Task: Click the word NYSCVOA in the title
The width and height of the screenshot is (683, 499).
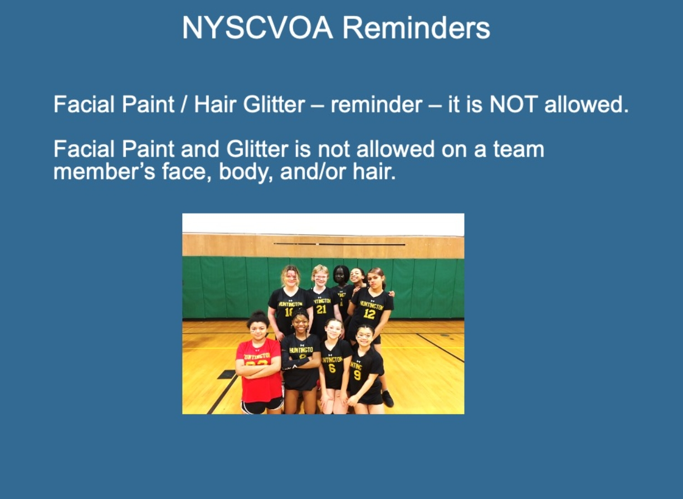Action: click(257, 28)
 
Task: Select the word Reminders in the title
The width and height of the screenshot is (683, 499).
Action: click(416, 28)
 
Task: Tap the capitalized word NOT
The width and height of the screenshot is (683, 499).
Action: click(514, 104)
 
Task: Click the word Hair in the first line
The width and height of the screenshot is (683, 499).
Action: click(215, 104)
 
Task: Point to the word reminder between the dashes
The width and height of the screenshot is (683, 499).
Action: click(377, 104)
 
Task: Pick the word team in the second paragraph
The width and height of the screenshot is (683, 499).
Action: click(519, 149)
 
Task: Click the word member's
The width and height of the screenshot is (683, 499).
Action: click(104, 171)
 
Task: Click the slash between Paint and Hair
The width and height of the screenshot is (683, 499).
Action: click(183, 104)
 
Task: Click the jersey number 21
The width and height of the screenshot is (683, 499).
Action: click(321, 309)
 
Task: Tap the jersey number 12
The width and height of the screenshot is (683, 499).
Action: click(369, 314)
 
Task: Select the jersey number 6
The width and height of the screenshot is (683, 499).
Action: click(331, 369)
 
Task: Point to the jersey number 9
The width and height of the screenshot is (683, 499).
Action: click(357, 375)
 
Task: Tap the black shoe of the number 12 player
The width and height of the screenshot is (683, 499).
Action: click(388, 398)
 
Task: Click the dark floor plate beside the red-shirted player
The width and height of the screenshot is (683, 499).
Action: click(227, 375)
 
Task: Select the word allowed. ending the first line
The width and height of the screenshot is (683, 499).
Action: click(587, 104)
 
